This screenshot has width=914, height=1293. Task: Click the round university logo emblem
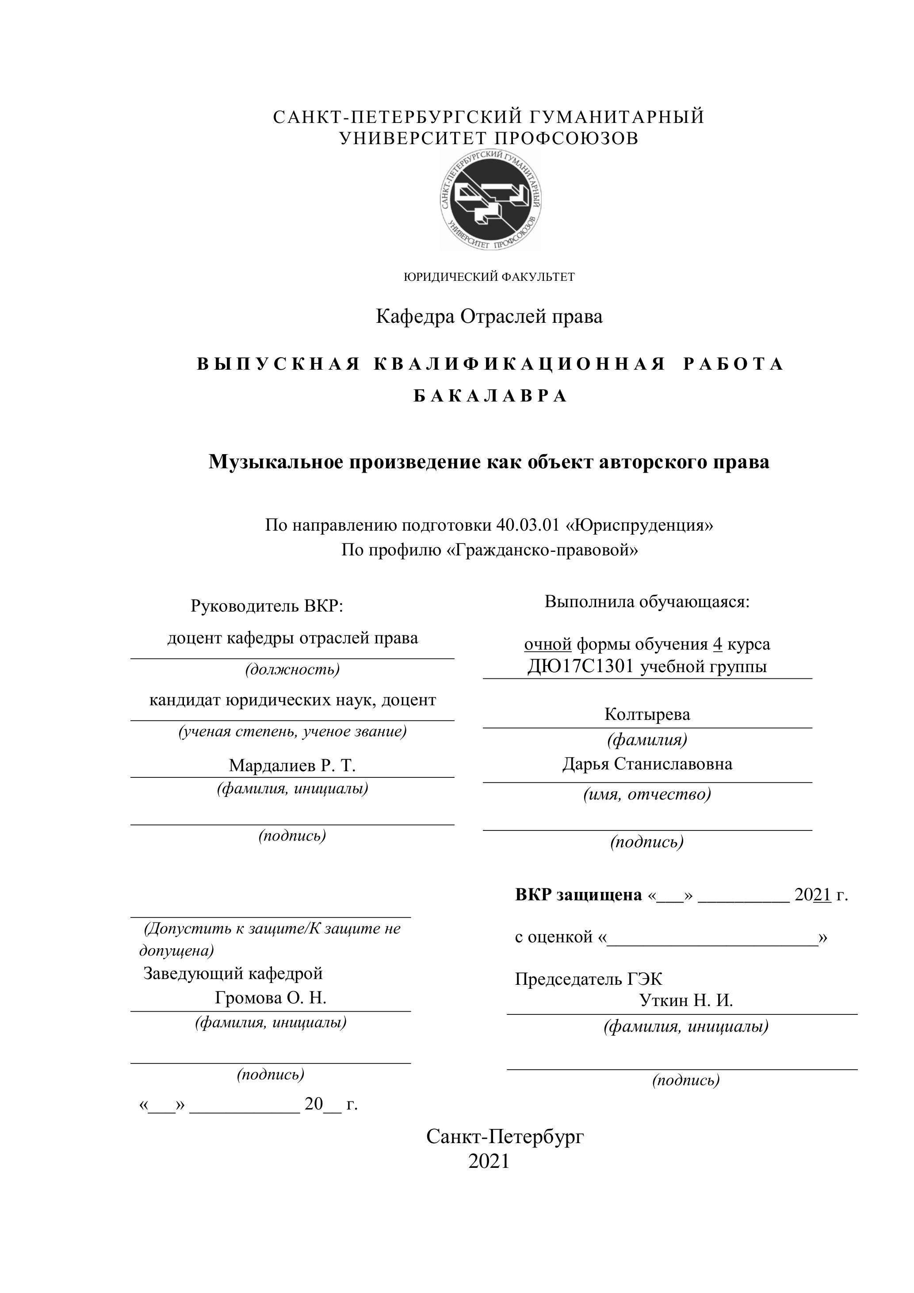pos(490,200)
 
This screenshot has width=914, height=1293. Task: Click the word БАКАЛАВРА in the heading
pos(490,397)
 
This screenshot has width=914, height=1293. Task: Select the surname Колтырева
pos(647,714)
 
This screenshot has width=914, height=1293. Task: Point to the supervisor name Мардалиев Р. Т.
pos(292,765)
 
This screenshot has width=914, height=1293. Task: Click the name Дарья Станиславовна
pos(647,764)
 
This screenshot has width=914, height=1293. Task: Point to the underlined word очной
pos(547,644)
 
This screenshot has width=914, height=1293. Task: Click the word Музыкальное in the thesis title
pos(276,462)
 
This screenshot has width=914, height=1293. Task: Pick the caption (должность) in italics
pos(292,669)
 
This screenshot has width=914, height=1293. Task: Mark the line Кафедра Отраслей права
pos(489,317)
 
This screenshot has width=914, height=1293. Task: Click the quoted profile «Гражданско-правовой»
pos(542,550)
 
